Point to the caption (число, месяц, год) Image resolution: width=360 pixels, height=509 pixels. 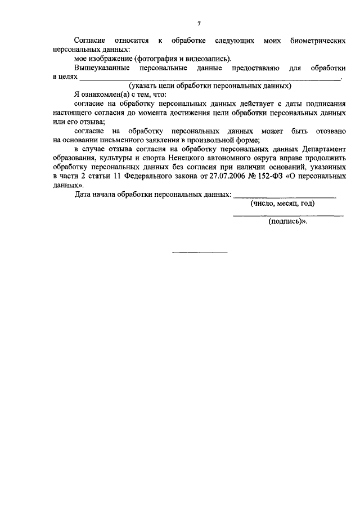[x=282, y=204]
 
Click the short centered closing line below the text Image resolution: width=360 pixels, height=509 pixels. [x=199, y=251]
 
